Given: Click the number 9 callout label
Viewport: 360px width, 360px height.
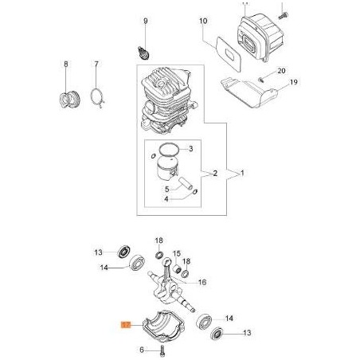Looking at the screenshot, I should pyautogui.click(x=146, y=20).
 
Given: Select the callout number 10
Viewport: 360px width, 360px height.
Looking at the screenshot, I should pyautogui.click(x=203, y=21).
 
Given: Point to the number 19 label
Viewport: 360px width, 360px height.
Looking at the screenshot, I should pyautogui.click(x=293, y=82).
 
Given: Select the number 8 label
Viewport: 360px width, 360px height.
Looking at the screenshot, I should pyautogui.click(x=67, y=64).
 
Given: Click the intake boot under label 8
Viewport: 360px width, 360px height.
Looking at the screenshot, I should pyautogui.click(x=70, y=100).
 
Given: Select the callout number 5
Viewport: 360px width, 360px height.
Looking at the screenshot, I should pyautogui.click(x=166, y=190).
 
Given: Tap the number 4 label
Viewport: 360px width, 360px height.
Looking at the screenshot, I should pyautogui.click(x=166, y=200).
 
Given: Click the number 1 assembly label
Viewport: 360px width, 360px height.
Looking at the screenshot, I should pyautogui.click(x=241, y=172).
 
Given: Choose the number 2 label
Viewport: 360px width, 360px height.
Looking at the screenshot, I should pyautogui.click(x=214, y=172).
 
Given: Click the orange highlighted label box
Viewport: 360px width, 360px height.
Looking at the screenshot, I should pyautogui.click(x=124, y=325).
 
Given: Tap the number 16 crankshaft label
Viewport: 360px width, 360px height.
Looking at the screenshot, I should pyautogui.click(x=202, y=281).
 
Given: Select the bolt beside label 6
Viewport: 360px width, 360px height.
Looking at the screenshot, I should pyautogui.click(x=162, y=350).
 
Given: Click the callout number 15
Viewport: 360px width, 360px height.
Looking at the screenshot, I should pyautogui.click(x=177, y=252).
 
